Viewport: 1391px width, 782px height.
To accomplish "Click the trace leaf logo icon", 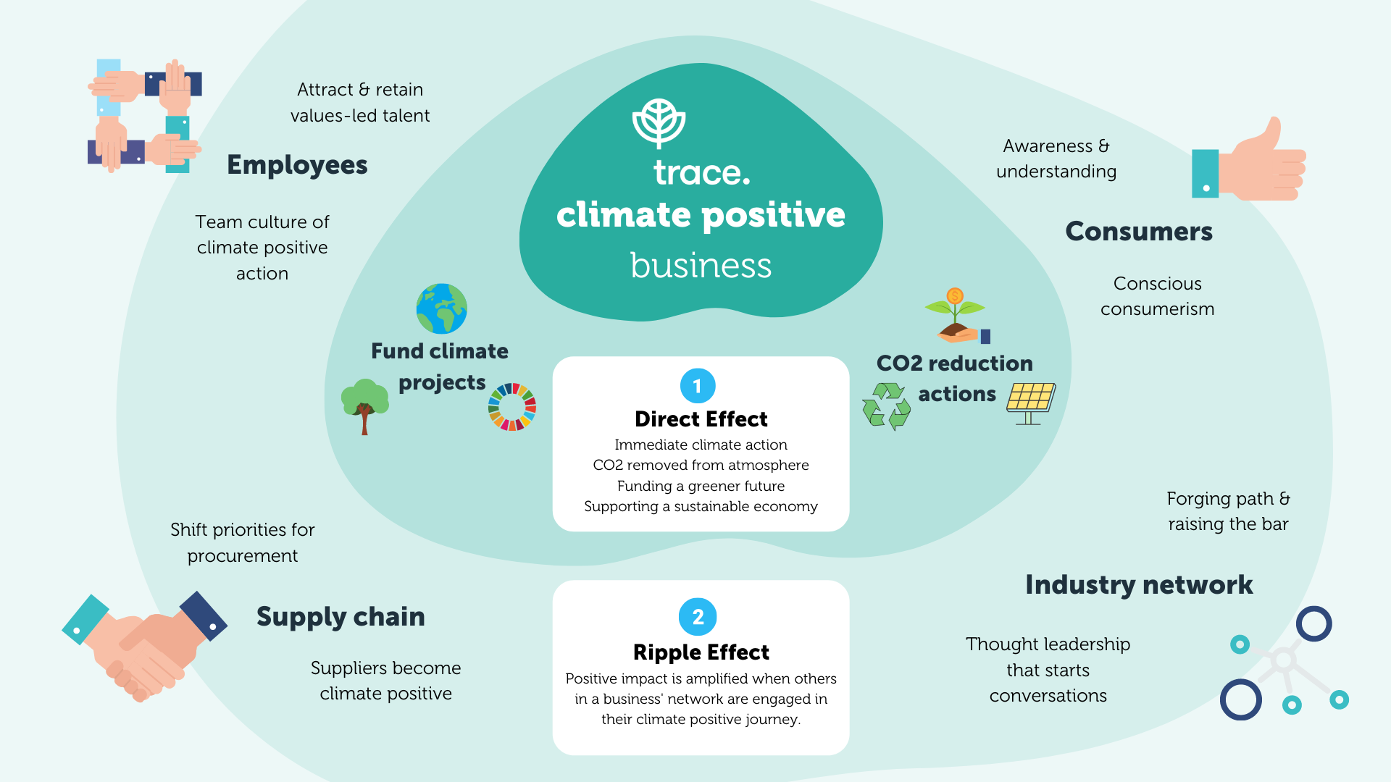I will (x=659, y=122).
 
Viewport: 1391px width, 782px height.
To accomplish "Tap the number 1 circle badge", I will (x=698, y=386).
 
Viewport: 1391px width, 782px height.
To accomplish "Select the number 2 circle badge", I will (x=698, y=617).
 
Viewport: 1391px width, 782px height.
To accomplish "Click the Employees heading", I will (x=297, y=165).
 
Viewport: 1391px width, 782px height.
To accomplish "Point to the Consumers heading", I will (x=1138, y=232).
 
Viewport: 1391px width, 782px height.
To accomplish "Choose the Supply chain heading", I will (x=341, y=617).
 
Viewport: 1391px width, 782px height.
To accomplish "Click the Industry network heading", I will (x=1138, y=585).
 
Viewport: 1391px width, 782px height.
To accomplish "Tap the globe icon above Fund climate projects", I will (x=441, y=308).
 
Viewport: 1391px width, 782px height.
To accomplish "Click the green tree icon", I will (x=364, y=404).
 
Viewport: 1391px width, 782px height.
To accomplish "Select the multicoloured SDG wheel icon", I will (x=512, y=407).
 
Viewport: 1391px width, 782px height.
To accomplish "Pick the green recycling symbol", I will (x=886, y=406).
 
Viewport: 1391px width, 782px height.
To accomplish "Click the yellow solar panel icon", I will (x=1030, y=403).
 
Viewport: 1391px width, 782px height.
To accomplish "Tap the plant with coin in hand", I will (x=956, y=316).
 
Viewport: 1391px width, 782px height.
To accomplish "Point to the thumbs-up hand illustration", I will (x=1249, y=163).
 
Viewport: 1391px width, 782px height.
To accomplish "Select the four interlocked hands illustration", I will (x=144, y=116).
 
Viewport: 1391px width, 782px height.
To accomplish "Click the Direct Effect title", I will (x=701, y=419).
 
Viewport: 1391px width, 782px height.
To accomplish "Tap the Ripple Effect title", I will (x=701, y=652).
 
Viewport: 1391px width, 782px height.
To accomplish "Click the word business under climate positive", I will (x=701, y=266).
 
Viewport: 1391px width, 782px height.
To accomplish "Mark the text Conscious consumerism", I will (x=1157, y=296).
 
